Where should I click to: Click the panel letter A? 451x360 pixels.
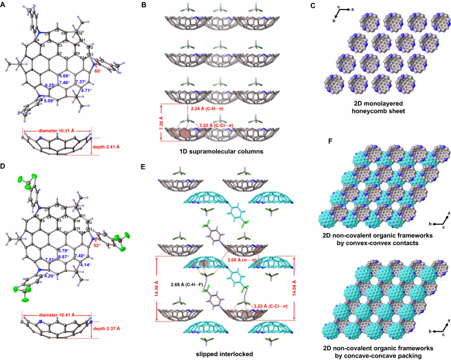(4, 5)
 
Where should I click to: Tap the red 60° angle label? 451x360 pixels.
(97, 71)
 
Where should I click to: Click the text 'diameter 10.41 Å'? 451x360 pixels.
(57, 315)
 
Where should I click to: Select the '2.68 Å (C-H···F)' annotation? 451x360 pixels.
(186, 284)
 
